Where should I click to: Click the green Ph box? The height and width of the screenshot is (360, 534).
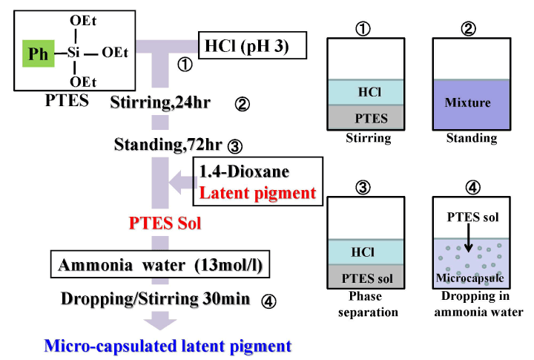point(35,53)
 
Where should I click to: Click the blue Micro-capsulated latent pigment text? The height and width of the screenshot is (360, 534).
point(168,344)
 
